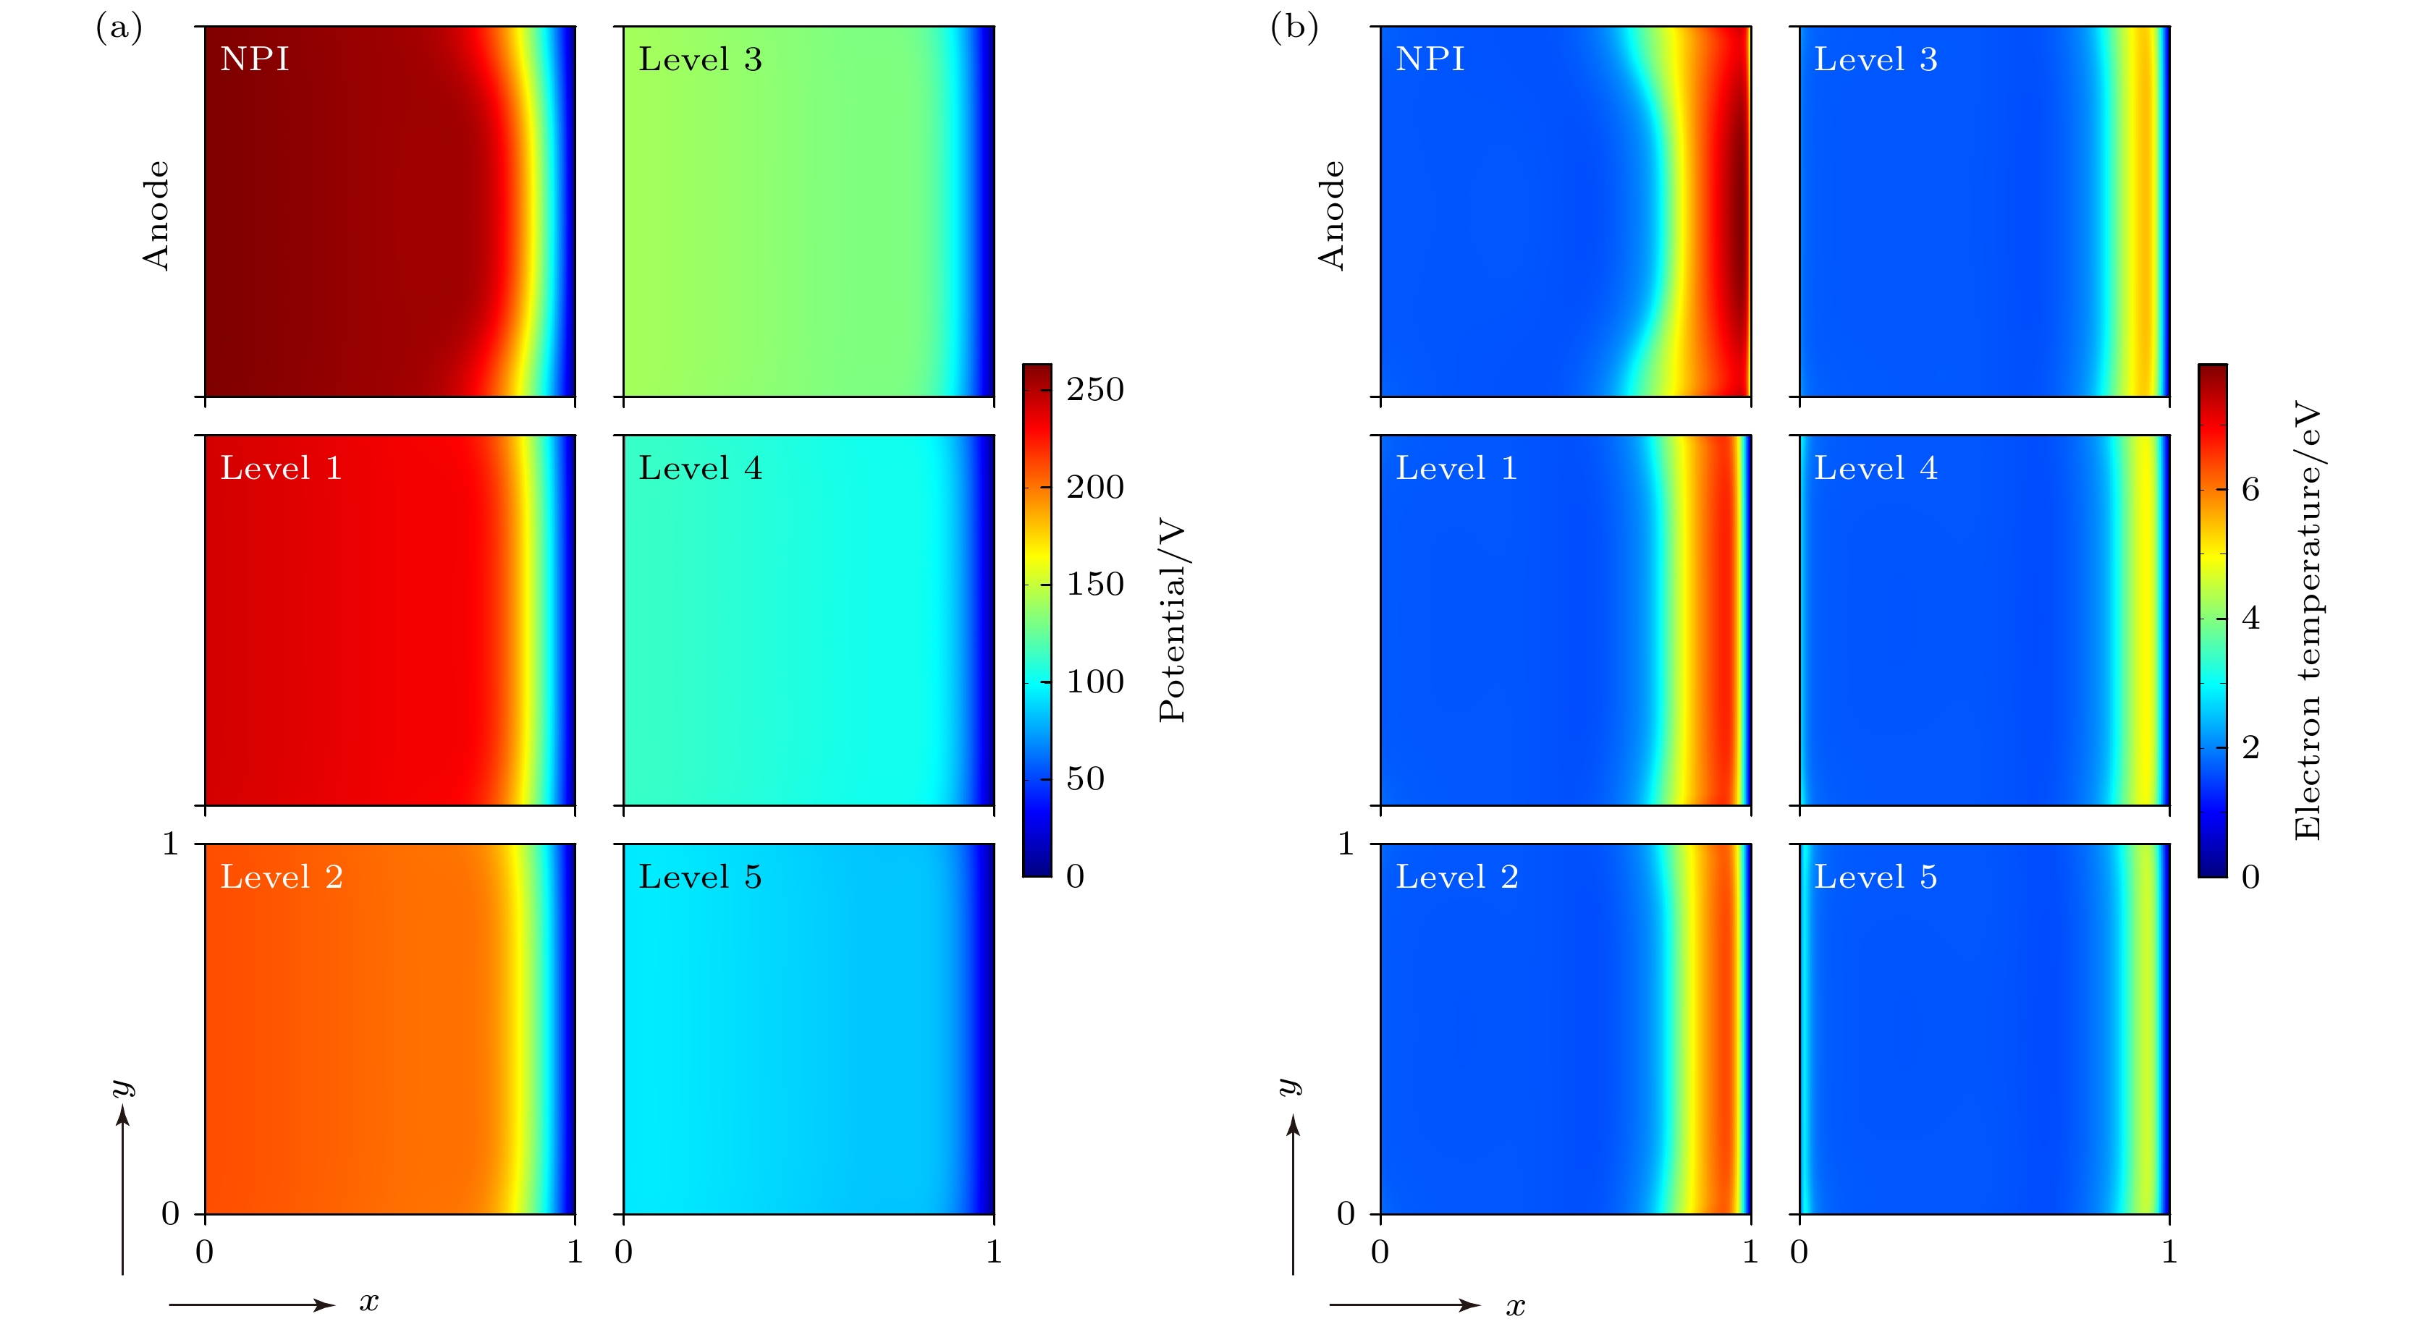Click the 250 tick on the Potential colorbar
(x=1094, y=390)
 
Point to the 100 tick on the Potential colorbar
(x=1094, y=682)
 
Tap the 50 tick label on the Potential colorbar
(x=1085, y=779)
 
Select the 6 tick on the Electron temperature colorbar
(x=2250, y=490)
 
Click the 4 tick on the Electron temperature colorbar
(x=2250, y=619)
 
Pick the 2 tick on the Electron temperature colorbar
(x=2250, y=748)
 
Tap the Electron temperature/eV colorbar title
(x=2308, y=620)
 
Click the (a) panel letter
(x=119, y=28)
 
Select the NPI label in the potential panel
(x=255, y=59)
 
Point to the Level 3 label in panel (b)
(x=1875, y=60)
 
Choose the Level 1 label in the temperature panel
(x=1456, y=469)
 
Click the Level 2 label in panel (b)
(x=1456, y=878)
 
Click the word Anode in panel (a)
(x=156, y=216)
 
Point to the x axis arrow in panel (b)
(x=1405, y=1305)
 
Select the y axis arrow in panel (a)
(x=123, y=1189)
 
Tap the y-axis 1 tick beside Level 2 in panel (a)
(x=170, y=844)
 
